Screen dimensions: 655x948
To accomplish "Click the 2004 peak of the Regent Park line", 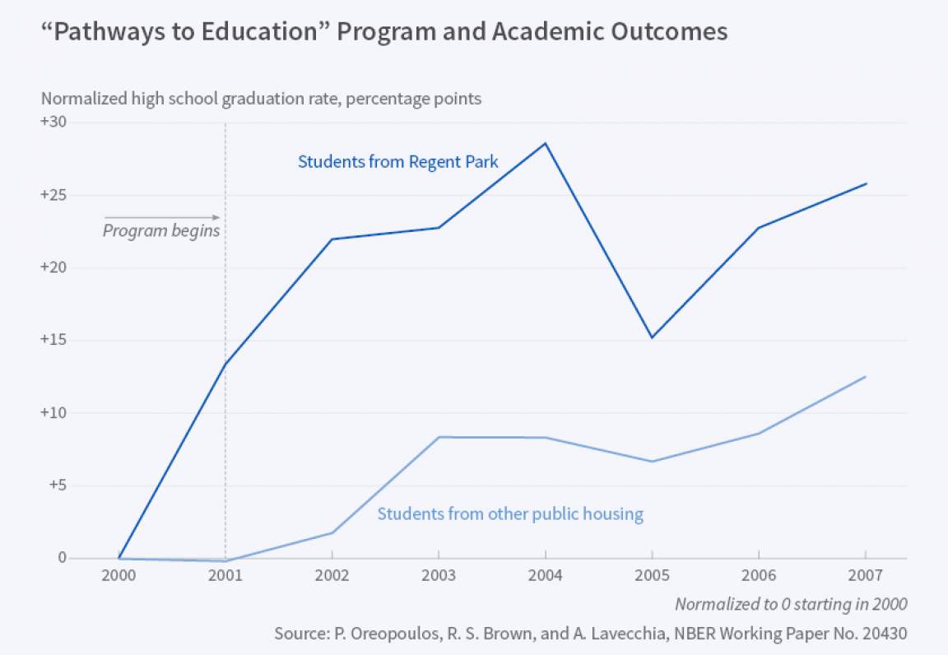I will tap(545, 143).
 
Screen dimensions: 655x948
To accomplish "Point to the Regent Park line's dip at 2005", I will tap(652, 337).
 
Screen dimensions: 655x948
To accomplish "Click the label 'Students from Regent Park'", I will tap(397, 161).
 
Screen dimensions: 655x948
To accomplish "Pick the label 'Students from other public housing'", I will tap(510, 514).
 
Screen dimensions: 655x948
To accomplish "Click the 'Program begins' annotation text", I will tap(161, 230).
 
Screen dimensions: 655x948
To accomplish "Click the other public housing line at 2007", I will tap(865, 376).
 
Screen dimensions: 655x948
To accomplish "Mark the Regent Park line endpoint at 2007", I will tap(865, 183).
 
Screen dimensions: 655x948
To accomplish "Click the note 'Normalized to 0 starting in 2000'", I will tap(791, 604).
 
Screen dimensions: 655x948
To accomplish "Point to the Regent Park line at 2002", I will tap(332, 239).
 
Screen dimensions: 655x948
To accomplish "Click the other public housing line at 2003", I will tap(438, 437).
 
